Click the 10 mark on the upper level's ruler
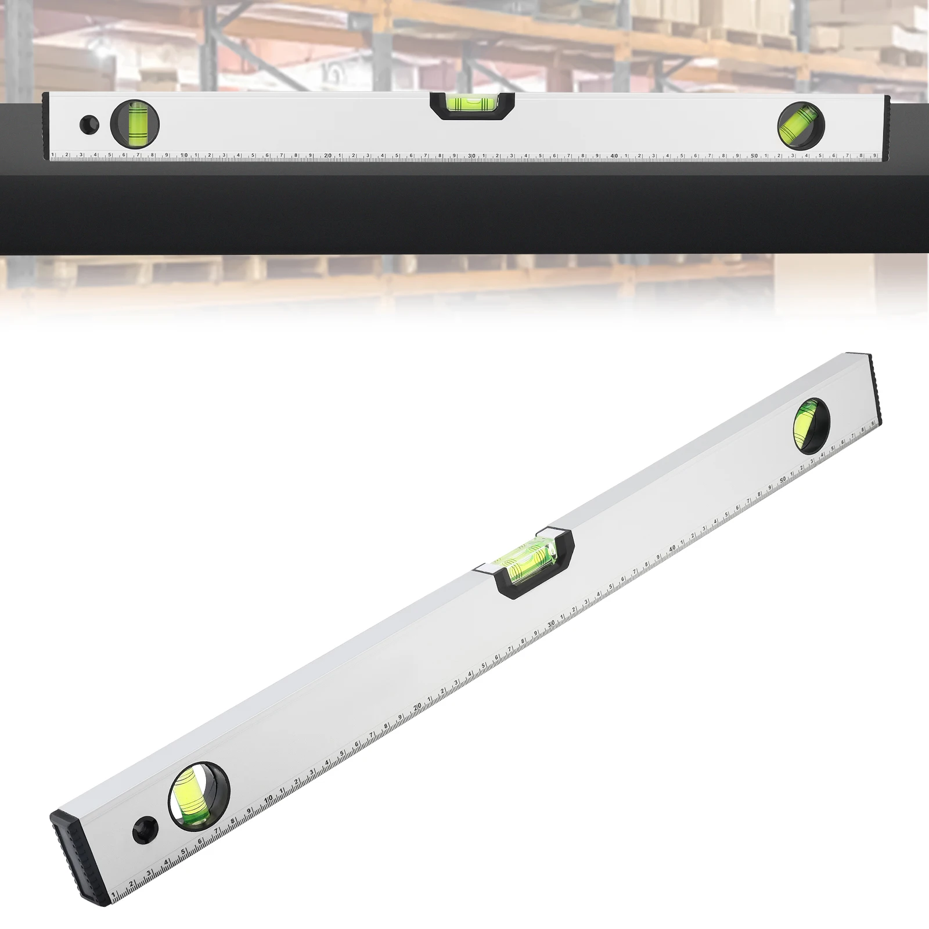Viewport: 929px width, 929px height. [183, 156]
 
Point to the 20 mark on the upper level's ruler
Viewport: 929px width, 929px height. [327, 156]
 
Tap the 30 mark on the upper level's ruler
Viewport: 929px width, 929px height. [471, 156]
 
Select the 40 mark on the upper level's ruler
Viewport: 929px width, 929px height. [614, 156]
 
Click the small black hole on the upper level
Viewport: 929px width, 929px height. [89, 124]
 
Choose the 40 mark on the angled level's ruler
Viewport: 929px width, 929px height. [672, 547]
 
